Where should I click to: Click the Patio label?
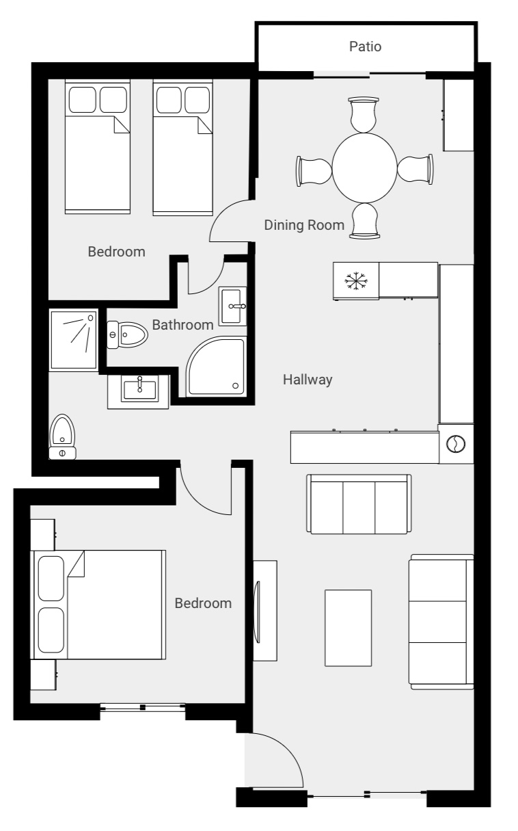click(x=365, y=47)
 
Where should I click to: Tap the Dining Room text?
click(x=304, y=225)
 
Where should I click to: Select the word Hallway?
click(x=308, y=380)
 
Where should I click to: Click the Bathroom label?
click(x=182, y=324)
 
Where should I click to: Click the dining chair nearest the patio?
click(x=363, y=115)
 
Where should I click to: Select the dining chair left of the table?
click(x=314, y=168)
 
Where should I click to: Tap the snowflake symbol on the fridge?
click(x=354, y=280)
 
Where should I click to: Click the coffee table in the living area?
click(x=348, y=628)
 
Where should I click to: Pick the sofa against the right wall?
click(x=441, y=622)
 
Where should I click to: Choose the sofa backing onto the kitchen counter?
click(x=359, y=503)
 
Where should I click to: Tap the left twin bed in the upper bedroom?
click(x=97, y=148)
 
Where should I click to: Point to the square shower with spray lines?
click(x=73, y=339)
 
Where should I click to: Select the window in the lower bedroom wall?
click(x=142, y=707)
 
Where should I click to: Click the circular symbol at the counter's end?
click(x=455, y=445)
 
